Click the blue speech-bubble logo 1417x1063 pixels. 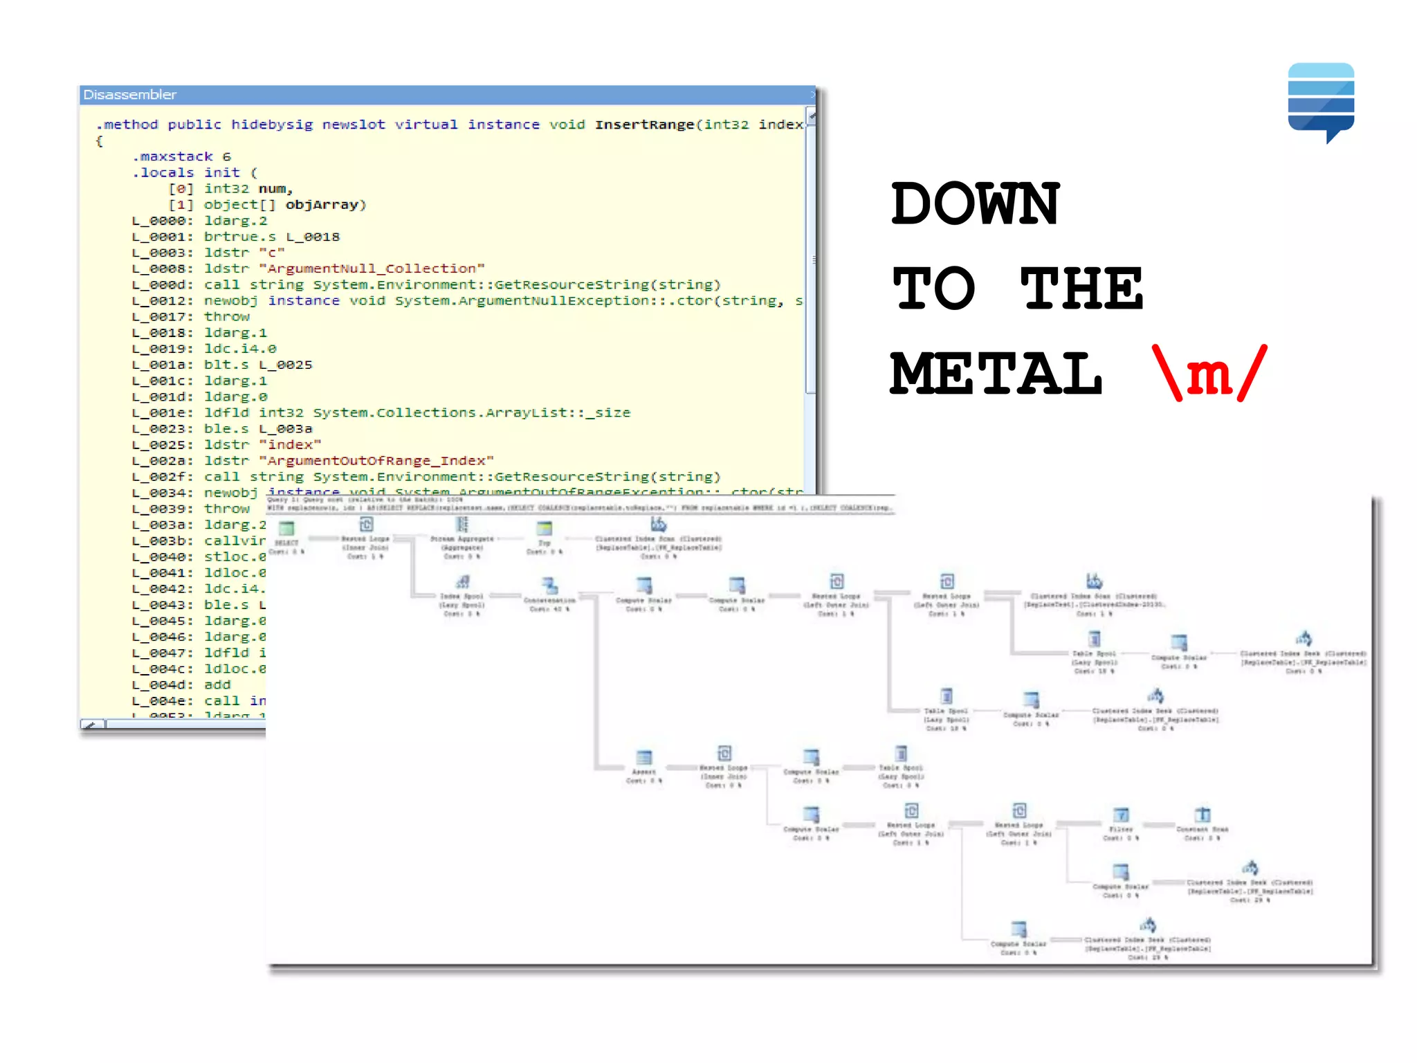pos(1320,100)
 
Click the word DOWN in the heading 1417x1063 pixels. pos(974,204)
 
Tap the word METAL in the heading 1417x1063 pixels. pos(996,374)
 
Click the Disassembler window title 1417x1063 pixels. pos(129,95)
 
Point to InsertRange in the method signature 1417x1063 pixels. pos(644,125)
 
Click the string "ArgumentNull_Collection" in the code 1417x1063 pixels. pos(376,269)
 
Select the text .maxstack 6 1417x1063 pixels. pos(181,157)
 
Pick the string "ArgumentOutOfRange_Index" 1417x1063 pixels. pos(380,461)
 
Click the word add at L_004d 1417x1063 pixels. pos(217,685)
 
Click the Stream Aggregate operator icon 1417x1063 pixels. pos(462,525)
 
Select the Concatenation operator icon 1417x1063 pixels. pos(550,586)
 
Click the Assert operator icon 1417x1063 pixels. pos(644,758)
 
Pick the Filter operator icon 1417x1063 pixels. pos(1121,815)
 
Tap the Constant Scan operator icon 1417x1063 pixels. pos(1203,815)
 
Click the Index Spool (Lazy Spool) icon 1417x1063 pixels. pos(463,582)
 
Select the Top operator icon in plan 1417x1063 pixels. pos(545,529)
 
